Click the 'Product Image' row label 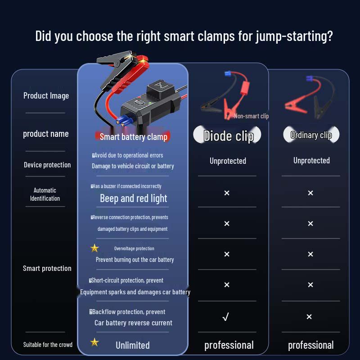pos(46,95)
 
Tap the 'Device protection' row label pos(47,165)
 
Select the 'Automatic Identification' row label pos(45,194)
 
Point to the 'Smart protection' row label pos(47,268)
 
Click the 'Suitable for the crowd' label pos(48,345)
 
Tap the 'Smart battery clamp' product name pos(133,137)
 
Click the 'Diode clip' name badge pos(229,135)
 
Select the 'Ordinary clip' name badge pos(311,135)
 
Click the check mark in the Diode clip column pos(226,317)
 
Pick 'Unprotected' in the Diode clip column pos(228,161)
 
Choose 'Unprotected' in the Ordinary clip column pos(311,161)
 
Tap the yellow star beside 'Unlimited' pos(94,342)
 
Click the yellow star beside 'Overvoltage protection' pos(94,248)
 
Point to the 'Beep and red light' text pos(133,198)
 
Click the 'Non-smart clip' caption pos(251,116)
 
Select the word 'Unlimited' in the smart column pos(132,345)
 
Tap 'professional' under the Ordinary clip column pos(310,345)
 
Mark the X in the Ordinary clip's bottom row pos(309,317)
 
